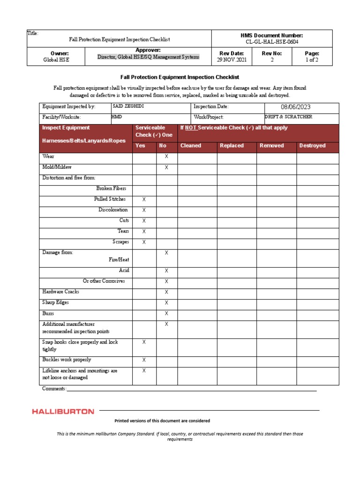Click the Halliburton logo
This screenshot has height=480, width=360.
[63, 412]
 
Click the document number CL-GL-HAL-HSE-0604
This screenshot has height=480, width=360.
[272, 42]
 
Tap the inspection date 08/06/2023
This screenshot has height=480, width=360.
[296, 107]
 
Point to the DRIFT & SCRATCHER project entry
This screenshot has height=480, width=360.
[288, 117]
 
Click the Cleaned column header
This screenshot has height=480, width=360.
[191, 146]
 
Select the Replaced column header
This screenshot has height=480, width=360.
[232, 146]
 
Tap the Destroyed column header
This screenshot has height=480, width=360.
[312, 146]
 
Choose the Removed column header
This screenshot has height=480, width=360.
[272, 146]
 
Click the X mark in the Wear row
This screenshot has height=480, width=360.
[166, 157]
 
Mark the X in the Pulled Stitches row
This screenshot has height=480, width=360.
[144, 199]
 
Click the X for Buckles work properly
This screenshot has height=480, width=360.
[144, 360]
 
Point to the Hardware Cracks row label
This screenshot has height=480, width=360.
[61, 292]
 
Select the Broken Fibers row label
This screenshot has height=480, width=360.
[111, 188]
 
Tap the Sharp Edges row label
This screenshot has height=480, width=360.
[56, 302]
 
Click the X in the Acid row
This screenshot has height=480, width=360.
[166, 270]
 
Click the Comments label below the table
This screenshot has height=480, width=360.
[54, 389]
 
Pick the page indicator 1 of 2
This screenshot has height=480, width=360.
[312, 60]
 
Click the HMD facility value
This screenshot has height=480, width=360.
[117, 117]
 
